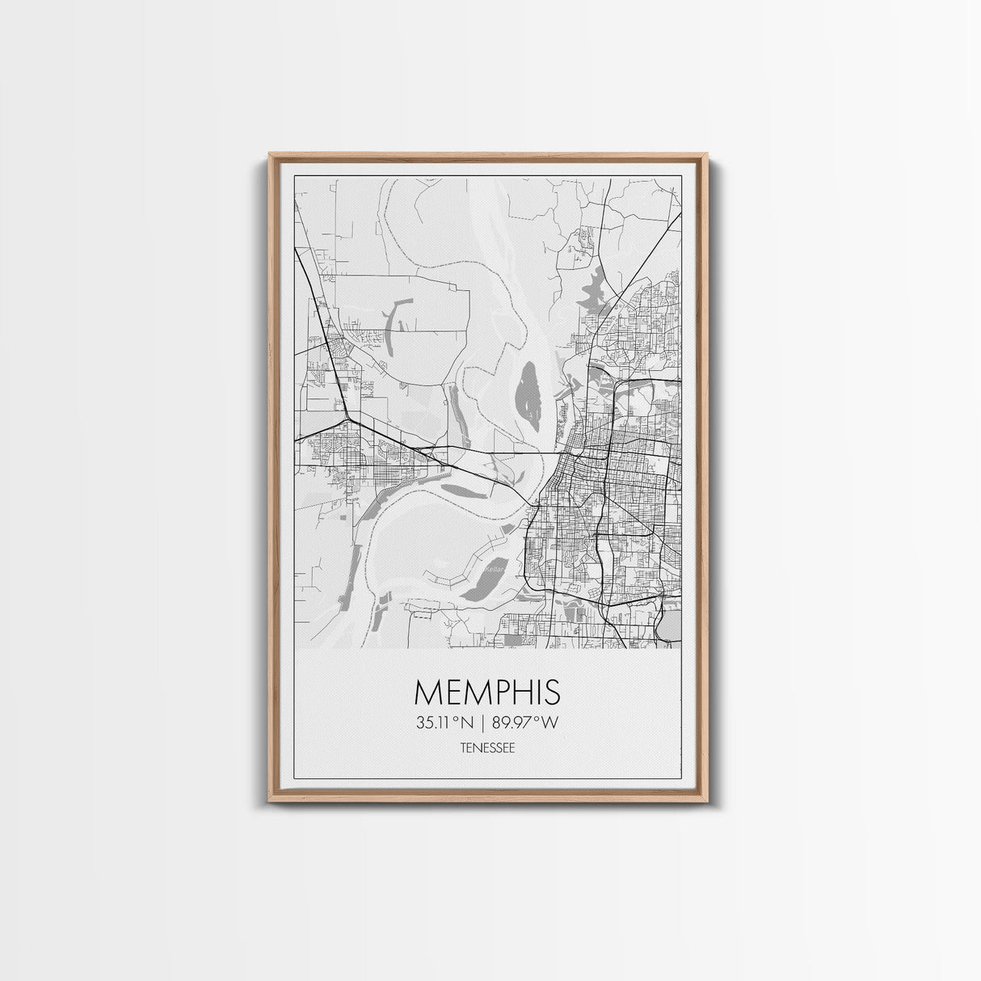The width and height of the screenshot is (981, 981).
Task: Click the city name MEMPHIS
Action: click(487, 693)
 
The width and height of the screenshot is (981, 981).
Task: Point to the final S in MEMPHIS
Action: click(552, 693)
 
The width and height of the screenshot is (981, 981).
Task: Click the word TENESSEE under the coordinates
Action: click(487, 748)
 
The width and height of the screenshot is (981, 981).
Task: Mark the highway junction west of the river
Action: click(347, 419)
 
